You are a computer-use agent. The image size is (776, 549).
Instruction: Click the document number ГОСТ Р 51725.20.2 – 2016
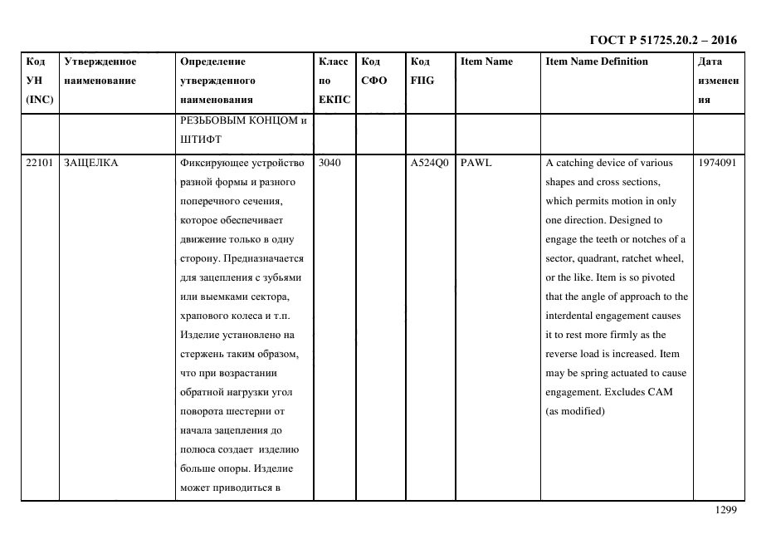[662, 41]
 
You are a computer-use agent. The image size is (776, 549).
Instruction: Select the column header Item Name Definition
[597, 61]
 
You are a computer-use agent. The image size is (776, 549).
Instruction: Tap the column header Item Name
[486, 61]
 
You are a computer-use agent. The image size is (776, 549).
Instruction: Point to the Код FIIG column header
[422, 71]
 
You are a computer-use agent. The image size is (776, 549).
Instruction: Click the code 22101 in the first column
[39, 163]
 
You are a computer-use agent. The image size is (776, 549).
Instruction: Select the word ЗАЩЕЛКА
[90, 163]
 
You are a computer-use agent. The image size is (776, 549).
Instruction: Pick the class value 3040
[329, 163]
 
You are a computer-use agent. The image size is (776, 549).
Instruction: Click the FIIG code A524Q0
[429, 163]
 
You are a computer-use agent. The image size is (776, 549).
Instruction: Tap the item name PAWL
[476, 163]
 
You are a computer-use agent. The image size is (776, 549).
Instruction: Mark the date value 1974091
[718, 163]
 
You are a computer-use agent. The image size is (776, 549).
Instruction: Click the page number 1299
[725, 510]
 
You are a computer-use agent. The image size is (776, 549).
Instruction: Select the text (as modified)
[574, 412]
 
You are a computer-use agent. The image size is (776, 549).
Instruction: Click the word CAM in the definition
[661, 392]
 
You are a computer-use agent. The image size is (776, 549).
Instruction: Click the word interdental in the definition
[573, 316]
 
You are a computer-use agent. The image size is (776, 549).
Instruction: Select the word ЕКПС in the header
[334, 100]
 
